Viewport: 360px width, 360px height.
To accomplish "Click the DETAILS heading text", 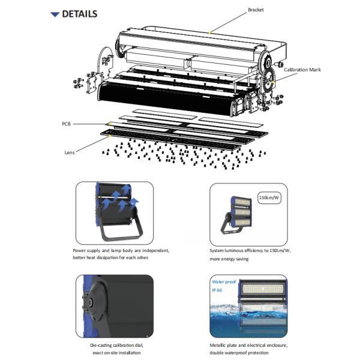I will click(80, 14).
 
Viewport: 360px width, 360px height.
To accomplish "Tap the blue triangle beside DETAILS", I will click(55, 14).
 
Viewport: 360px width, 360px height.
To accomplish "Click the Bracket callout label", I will click(256, 10).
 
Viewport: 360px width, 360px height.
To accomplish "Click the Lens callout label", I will click(69, 152).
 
